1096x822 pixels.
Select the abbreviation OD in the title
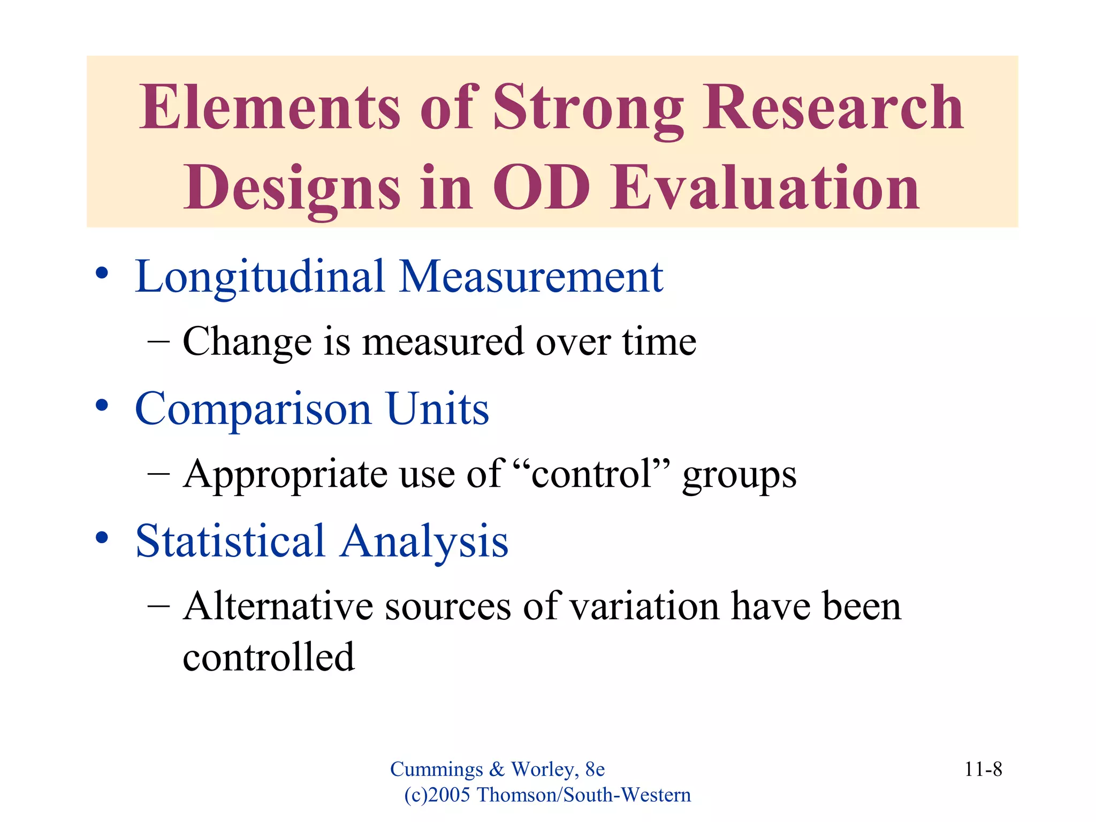[x=541, y=187]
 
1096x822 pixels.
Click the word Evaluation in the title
[x=765, y=187]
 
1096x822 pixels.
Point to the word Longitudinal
[x=260, y=277]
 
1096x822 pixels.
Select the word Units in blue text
[x=437, y=409]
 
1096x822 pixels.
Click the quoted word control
[x=591, y=474]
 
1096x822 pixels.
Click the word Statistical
[x=230, y=541]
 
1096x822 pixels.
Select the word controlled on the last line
[x=269, y=657]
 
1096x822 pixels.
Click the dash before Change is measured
[x=158, y=341]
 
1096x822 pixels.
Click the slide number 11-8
[x=983, y=770]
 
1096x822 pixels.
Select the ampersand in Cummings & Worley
[x=497, y=770]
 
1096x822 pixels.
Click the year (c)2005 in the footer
[x=437, y=795]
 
